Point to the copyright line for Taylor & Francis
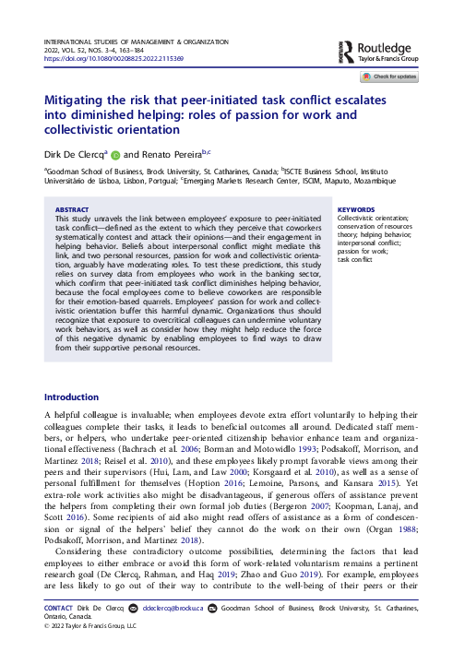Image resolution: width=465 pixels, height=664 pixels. [87, 626]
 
